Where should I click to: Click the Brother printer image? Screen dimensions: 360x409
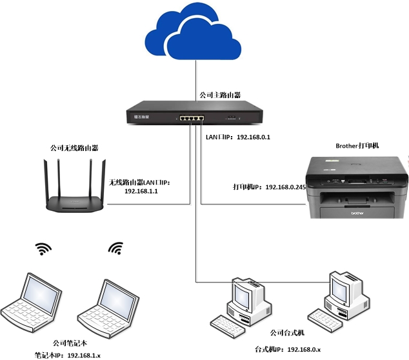point(357,186)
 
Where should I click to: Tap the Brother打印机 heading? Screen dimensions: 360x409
point(357,146)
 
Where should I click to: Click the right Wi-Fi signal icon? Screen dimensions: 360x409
point(115,248)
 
